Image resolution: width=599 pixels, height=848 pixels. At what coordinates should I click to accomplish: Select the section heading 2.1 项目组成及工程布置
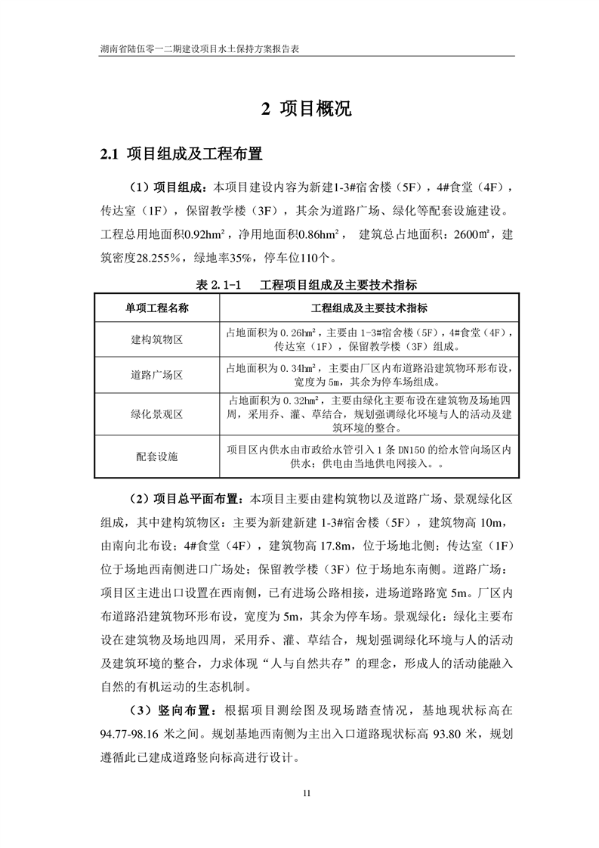click(x=182, y=155)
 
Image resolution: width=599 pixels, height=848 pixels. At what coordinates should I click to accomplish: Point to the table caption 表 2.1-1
click(x=218, y=286)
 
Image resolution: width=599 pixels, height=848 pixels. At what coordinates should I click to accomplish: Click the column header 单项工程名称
click(x=157, y=309)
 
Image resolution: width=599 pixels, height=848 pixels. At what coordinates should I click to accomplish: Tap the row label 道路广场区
click(x=157, y=376)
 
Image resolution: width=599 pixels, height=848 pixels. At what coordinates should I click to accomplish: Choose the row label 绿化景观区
click(x=157, y=414)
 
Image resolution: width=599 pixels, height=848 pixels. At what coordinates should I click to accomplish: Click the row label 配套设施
click(x=157, y=456)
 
